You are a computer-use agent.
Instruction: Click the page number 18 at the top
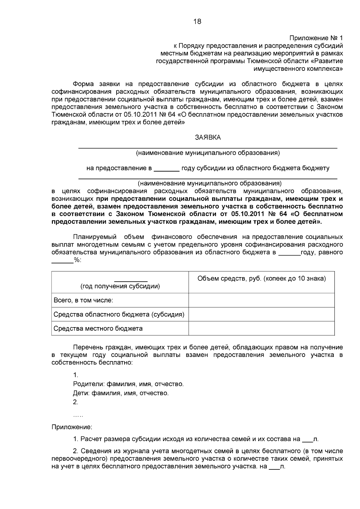[x=197, y=22]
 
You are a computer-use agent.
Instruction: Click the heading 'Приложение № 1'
[x=316, y=38]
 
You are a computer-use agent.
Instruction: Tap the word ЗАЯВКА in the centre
[x=208, y=137]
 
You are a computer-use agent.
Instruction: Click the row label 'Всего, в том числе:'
[x=83, y=300]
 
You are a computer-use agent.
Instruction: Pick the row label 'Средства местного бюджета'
[x=98, y=328]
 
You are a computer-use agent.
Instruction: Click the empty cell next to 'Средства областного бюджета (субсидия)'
[x=261, y=314]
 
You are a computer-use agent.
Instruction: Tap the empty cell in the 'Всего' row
[x=261, y=300]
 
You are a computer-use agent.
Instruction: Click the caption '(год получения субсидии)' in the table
[x=120, y=286]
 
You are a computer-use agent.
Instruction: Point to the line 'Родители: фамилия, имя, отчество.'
[x=128, y=384]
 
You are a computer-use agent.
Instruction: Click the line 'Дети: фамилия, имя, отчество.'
[x=121, y=393]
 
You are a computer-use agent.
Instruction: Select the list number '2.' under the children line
[x=76, y=402]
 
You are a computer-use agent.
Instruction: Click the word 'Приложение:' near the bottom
[x=72, y=427]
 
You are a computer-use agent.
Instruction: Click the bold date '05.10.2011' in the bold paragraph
[x=247, y=214]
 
